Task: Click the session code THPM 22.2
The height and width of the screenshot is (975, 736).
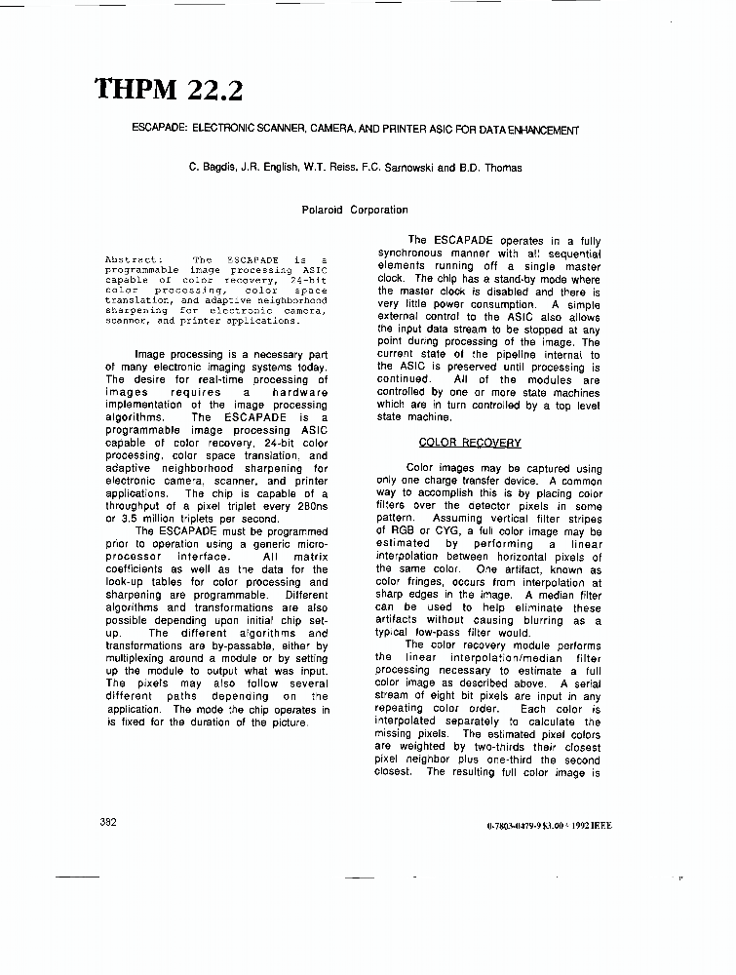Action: click(x=169, y=90)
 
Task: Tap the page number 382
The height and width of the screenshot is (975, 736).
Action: click(x=108, y=822)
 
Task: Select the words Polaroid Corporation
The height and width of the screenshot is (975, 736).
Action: click(x=355, y=210)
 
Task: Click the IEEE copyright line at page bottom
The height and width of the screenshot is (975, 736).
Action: click(x=549, y=826)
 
